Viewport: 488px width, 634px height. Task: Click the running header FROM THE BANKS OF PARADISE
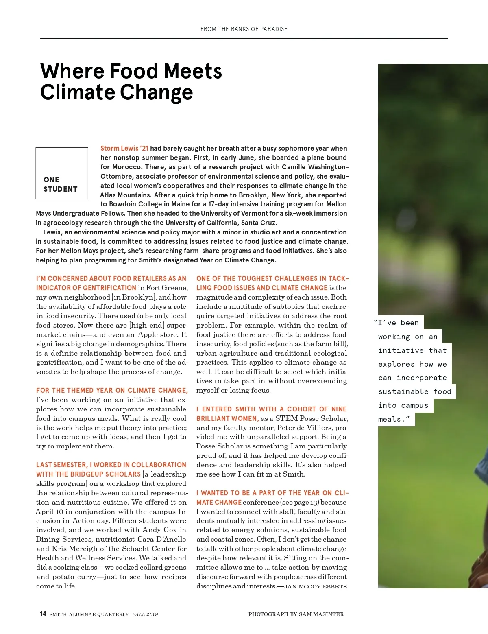coord(244,29)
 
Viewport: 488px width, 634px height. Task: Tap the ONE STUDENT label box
coord(62,173)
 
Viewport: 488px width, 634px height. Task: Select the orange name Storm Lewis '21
coord(124,148)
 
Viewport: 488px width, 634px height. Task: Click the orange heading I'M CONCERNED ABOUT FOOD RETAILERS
coord(111,278)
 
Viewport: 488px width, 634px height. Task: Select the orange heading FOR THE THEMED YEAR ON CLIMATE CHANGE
coord(112,390)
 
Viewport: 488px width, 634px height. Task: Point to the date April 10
coord(49,512)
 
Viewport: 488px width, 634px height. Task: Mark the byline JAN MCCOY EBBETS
coord(315,586)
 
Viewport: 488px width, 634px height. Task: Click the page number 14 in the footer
coord(43,614)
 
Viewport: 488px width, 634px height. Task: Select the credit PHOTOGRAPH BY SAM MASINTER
coord(296,614)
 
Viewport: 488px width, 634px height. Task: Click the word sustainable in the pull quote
coord(403,391)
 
